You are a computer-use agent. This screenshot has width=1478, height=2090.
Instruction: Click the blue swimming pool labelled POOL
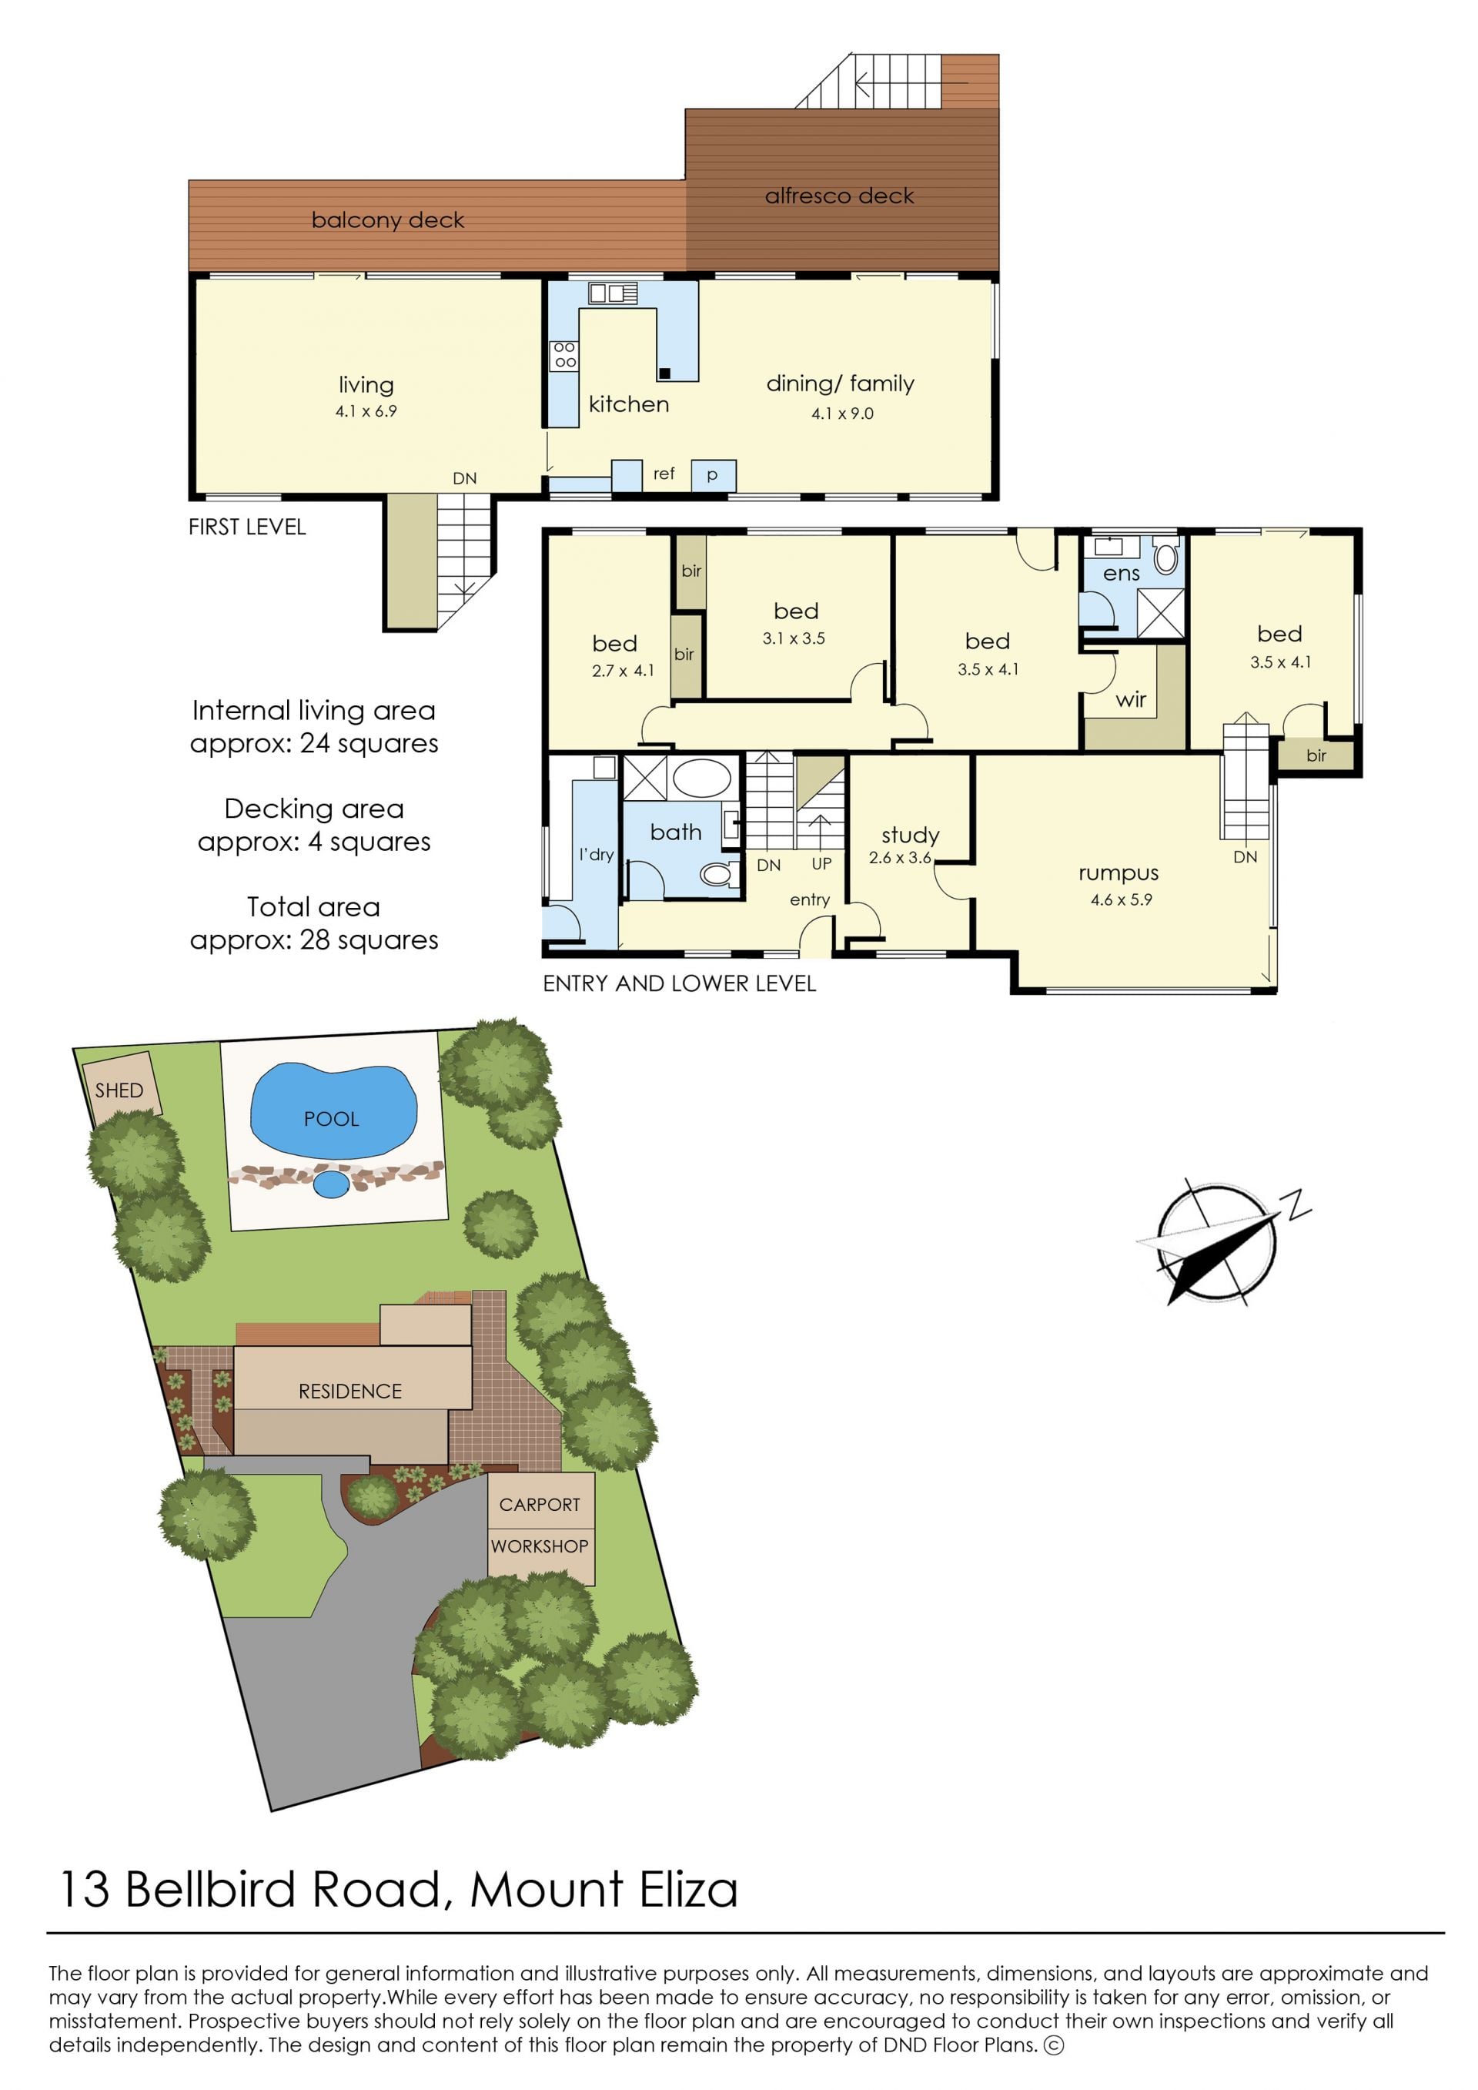(x=333, y=1110)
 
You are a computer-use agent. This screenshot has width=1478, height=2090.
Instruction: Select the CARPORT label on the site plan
(x=540, y=1505)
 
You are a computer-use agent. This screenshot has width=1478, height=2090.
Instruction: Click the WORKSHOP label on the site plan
(x=540, y=1546)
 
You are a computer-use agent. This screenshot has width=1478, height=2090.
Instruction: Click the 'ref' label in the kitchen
(x=664, y=474)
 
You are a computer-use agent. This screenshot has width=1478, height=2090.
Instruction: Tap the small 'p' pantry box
(x=714, y=475)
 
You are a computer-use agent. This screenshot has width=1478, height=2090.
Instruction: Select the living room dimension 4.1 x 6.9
(x=366, y=411)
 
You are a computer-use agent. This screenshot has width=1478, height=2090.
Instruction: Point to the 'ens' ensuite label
(x=1122, y=574)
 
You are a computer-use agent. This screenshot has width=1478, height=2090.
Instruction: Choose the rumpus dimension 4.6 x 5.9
(x=1122, y=900)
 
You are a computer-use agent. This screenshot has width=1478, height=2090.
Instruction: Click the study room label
(x=910, y=835)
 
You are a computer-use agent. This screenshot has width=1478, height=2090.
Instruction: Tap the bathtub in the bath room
(x=701, y=779)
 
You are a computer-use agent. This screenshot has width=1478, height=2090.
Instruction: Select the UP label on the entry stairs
(x=822, y=864)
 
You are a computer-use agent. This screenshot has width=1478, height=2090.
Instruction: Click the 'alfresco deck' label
(x=839, y=196)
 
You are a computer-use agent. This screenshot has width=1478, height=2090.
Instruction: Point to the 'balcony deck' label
(x=388, y=220)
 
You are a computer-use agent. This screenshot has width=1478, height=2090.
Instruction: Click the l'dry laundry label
(x=596, y=855)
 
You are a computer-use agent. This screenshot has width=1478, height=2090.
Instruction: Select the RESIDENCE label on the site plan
(x=350, y=1391)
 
